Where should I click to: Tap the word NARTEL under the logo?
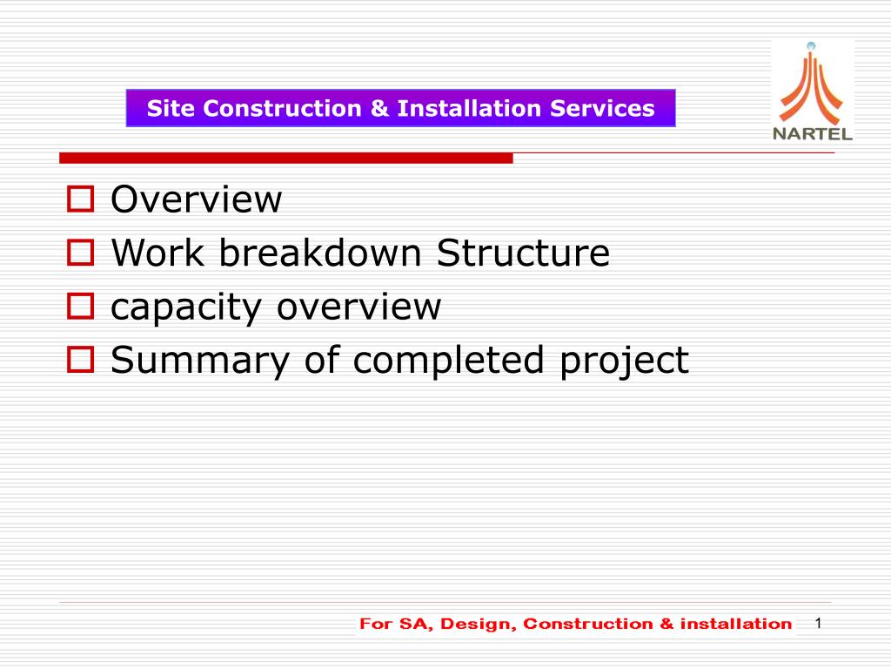click(813, 134)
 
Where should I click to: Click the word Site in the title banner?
click(166, 109)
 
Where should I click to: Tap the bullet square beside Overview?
click(80, 201)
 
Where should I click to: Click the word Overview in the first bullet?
click(197, 200)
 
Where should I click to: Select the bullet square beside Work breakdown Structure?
click(80, 254)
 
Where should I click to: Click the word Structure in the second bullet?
click(523, 253)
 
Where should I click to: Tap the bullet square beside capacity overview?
click(80, 307)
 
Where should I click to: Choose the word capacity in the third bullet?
click(191, 308)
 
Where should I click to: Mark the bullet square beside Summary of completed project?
click(80, 361)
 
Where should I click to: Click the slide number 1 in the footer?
click(818, 623)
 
